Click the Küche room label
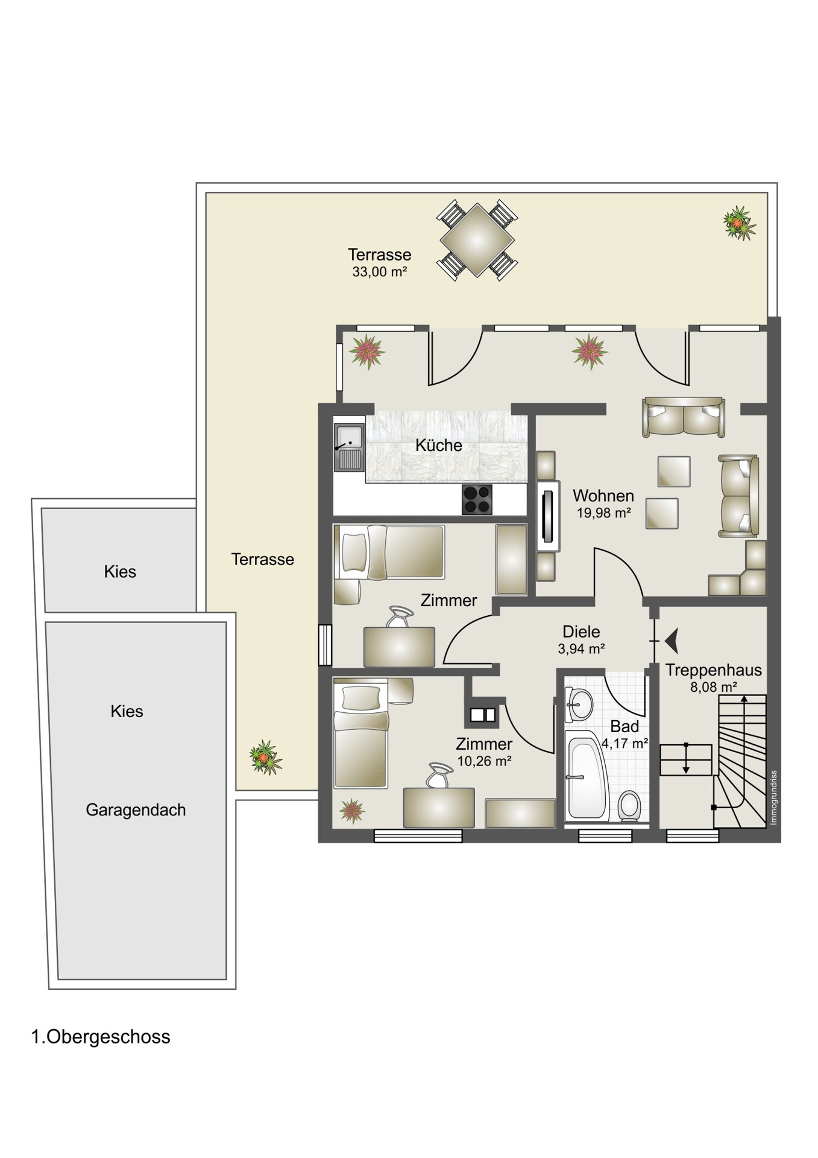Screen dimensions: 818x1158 pos(438,446)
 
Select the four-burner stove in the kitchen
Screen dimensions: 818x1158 pos(477,499)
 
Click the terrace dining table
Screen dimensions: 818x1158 pos(477,240)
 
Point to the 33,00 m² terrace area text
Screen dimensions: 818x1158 pos(380,272)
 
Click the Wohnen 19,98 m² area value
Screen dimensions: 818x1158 pos(603,513)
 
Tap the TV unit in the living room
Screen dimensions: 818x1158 pos(548,516)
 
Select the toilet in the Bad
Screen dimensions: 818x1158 pos(630,806)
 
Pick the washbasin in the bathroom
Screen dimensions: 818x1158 pos(579,703)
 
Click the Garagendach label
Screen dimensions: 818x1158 pos(136,810)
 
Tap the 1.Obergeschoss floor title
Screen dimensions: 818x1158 pos(101,1037)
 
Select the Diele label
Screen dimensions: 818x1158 pos(581,631)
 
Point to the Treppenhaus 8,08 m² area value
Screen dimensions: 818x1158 pos(714,687)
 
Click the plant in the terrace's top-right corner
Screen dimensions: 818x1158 pos(739,223)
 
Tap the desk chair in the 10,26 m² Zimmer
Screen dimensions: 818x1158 pos(439,776)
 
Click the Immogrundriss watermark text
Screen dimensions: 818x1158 pos(775,797)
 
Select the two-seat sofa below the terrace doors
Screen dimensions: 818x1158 pos(684,417)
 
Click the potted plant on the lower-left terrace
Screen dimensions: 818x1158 pos(266,758)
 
